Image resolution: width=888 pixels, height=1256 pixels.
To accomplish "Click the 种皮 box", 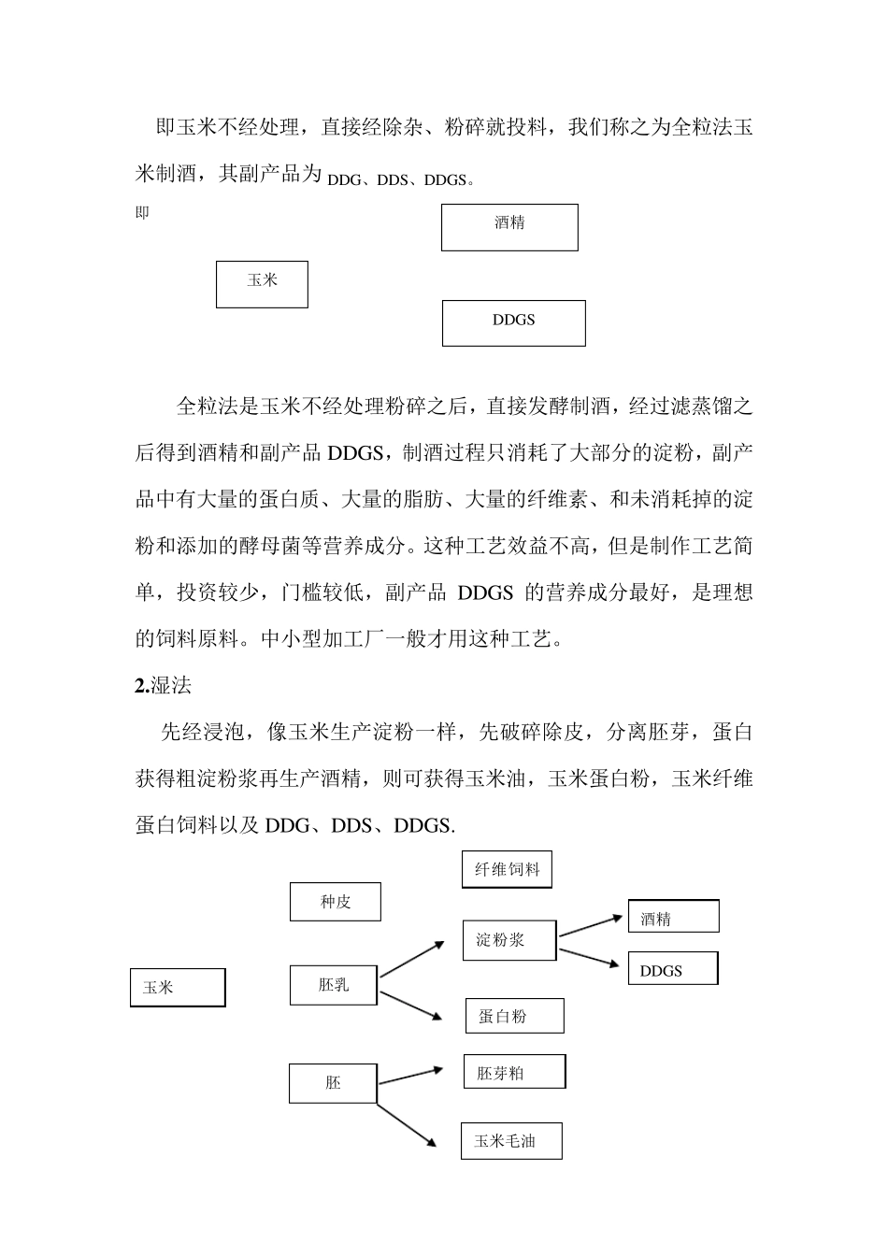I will coord(335,902).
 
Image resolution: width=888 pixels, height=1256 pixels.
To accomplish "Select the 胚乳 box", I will coord(334,985).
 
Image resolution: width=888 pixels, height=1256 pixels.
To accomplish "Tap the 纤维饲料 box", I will coord(507,869).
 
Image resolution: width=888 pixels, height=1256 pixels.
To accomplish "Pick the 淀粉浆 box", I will coord(508,940).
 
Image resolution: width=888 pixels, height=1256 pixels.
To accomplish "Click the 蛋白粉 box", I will coord(514,1016).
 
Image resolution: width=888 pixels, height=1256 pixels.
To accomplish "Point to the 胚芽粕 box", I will coord(514,1072).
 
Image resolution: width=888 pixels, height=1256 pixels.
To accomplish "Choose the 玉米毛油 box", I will coord(511,1141).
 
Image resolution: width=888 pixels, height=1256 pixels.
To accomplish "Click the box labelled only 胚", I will coord(333,1083).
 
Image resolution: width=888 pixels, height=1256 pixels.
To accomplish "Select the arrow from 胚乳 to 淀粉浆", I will coord(411,960).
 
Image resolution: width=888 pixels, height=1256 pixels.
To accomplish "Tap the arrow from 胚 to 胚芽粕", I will coord(410,1076).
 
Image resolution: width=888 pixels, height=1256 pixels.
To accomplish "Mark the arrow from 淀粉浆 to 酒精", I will coord(591,925).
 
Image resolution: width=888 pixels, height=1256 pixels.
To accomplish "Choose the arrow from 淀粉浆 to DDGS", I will coord(591,957).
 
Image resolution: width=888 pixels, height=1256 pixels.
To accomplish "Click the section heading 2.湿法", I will coord(164,685).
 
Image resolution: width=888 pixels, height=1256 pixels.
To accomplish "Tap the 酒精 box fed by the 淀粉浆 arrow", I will coord(673,917).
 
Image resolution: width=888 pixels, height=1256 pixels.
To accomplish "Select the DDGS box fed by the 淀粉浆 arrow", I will coord(673,969).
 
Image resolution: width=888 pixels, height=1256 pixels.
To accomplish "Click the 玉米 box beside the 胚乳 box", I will coord(178,988).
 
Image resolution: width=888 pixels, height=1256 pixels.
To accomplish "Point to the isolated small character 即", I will coord(142,213).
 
